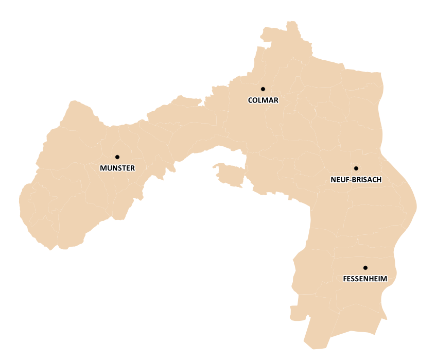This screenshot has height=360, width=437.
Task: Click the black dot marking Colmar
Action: [x=263, y=89]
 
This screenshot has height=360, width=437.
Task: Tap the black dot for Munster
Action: [x=117, y=157]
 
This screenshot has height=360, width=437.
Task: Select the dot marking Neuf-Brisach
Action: [x=356, y=168]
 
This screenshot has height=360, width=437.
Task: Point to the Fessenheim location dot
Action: [x=365, y=268]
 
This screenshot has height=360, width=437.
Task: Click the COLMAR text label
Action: [x=263, y=100]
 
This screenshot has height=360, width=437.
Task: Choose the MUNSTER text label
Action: [x=117, y=168]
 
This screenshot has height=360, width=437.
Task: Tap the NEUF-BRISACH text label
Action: [x=356, y=180]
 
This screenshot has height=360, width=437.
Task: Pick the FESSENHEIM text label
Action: [x=364, y=279]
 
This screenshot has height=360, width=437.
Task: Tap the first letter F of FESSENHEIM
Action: [x=344, y=279]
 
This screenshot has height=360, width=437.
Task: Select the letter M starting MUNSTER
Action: [x=103, y=168]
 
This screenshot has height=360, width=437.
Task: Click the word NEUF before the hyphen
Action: [x=338, y=180]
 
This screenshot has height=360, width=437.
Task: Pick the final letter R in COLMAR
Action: [x=276, y=100]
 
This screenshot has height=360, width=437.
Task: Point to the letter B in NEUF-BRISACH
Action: [x=353, y=180]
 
